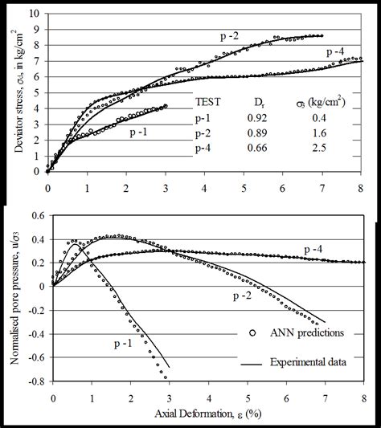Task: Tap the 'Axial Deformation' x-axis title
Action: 207,418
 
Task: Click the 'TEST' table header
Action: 210,103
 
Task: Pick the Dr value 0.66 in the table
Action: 254,149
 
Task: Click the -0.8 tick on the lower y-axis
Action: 32,381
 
